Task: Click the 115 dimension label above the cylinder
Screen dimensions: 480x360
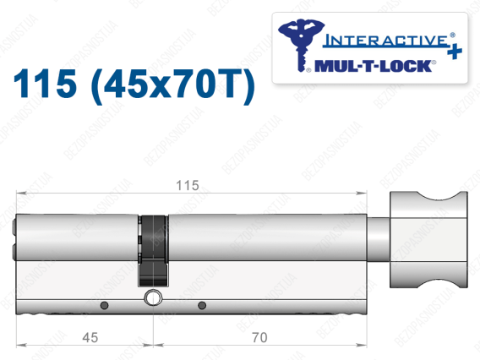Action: click(x=188, y=186)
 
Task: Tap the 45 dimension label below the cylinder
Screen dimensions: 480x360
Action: click(x=90, y=338)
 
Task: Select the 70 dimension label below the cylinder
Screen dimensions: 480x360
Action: click(x=259, y=338)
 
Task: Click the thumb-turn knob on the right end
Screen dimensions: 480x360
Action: click(x=428, y=239)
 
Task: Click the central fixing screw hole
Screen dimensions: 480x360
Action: click(x=153, y=297)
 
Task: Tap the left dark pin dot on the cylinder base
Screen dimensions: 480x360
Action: click(x=105, y=305)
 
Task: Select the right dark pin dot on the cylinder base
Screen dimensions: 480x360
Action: click(x=202, y=305)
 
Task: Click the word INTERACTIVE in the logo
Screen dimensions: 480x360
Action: click(x=386, y=40)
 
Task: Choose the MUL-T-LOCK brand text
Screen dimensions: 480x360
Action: click(x=374, y=66)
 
